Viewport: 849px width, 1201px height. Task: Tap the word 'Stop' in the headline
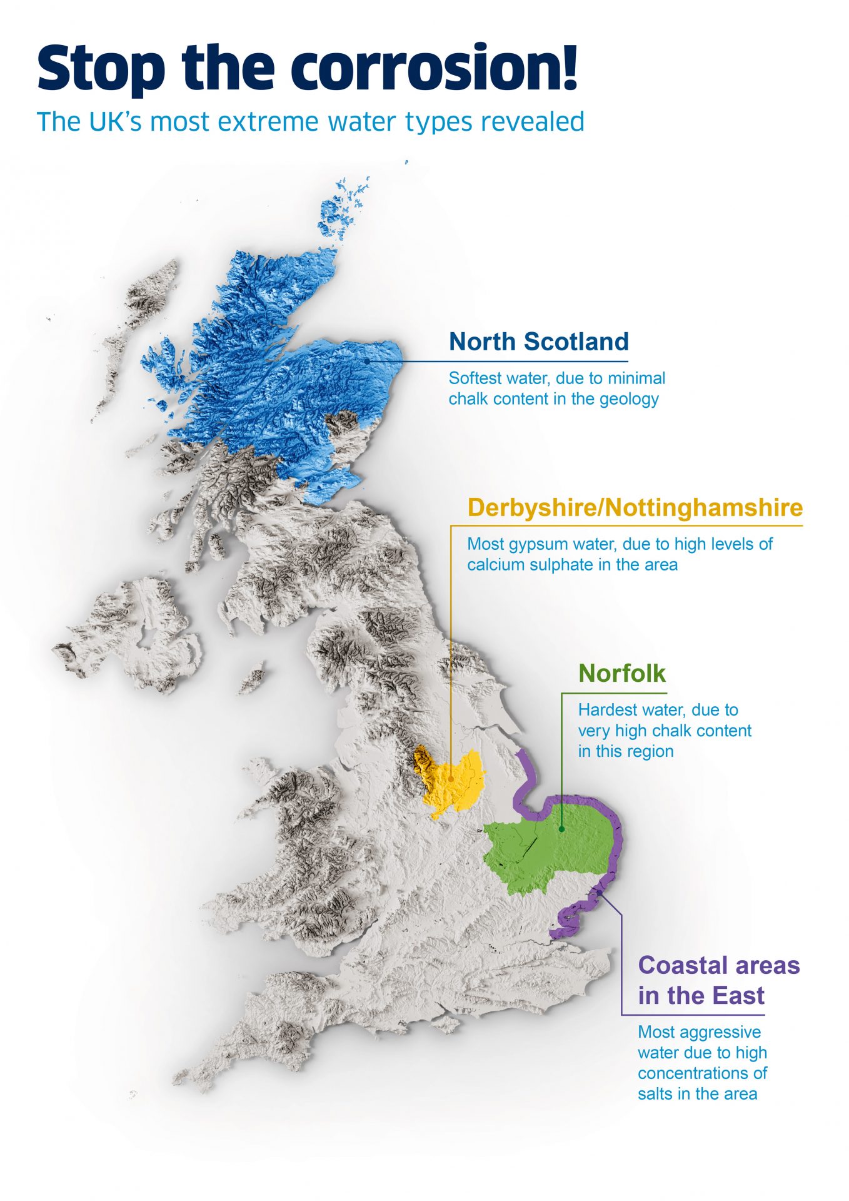point(101,69)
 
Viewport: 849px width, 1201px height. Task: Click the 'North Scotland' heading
point(538,342)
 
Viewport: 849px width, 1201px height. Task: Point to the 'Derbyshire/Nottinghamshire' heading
point(635,507)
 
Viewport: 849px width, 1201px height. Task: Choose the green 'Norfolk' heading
point(621,674)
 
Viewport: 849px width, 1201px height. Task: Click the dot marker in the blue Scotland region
point(367,361)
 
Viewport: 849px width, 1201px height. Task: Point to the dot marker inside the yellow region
point(451,779)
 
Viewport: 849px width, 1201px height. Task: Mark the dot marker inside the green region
point(561,829)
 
